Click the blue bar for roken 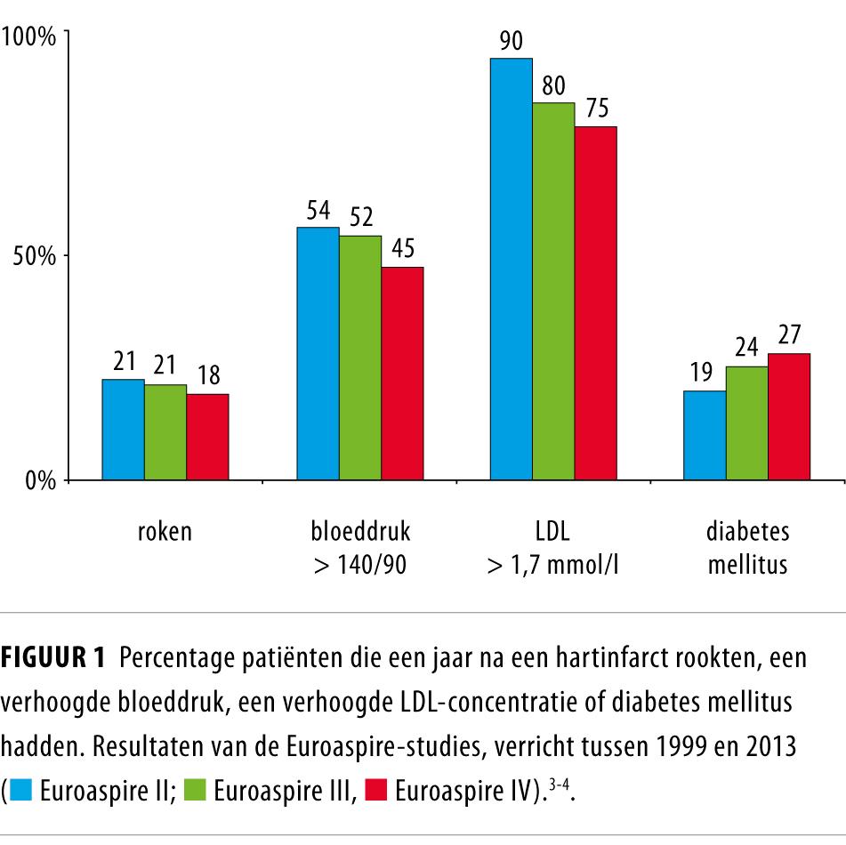click(123, 430)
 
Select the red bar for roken click(207, 437)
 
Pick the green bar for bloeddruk click(359, 358)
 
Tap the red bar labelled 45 click(402, 374)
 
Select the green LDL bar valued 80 click(553, 291)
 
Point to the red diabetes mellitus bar click(789, 416)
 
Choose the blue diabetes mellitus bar click(705, 435)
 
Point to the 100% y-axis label click(30, 36)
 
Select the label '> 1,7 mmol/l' click(552, 565)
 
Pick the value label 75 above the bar click(597, 109)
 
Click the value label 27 click(788, 335)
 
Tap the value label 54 click(318, 210)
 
